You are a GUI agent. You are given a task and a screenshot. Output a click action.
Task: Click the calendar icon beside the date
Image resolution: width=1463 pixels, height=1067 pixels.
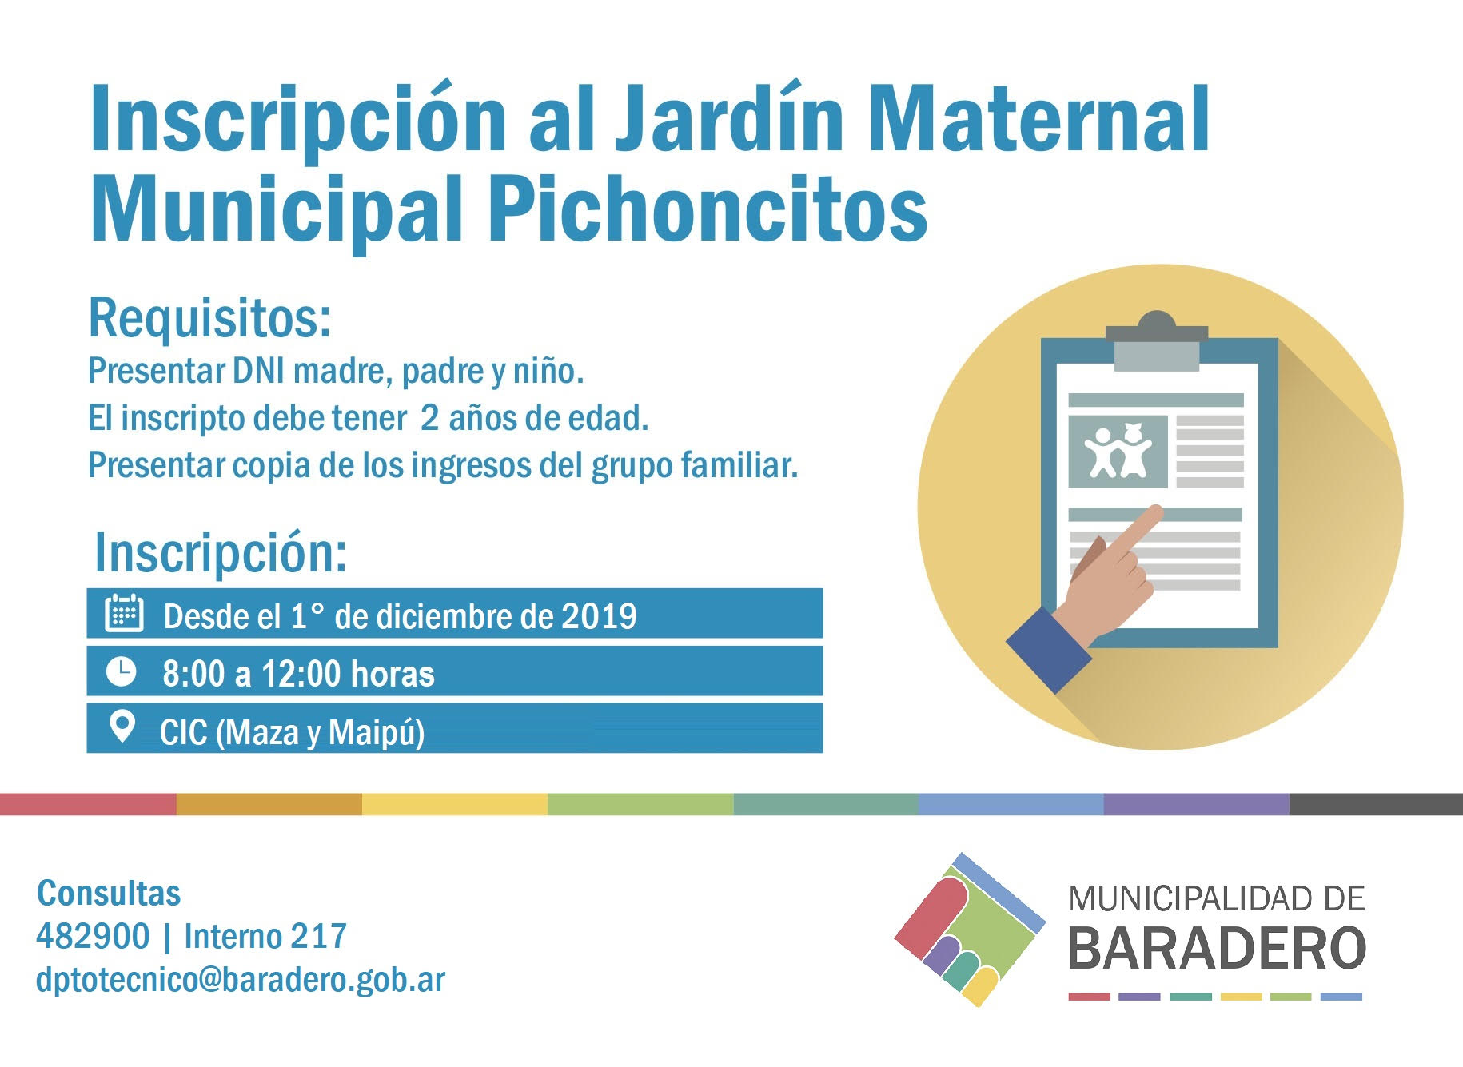[124, 613]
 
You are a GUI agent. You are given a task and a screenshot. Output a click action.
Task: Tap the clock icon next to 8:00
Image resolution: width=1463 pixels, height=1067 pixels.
[122, 671]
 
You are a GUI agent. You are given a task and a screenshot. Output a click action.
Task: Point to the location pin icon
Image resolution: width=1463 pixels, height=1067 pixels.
[122, 727]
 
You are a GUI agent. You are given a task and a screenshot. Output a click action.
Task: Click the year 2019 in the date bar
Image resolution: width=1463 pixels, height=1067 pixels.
[599, 616]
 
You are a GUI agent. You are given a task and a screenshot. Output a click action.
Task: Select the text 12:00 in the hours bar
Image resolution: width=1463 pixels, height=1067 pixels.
[301, 674]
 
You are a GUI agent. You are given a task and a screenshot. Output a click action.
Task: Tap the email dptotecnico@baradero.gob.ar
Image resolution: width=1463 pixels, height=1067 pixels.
[241, 979]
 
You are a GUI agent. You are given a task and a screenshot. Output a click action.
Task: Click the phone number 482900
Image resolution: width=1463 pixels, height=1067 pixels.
[93, 936]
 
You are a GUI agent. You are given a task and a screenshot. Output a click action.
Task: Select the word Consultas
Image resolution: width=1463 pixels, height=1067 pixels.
[109, 894]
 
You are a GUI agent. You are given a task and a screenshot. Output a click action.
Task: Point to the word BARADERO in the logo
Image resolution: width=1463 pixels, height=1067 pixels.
[1217, 948]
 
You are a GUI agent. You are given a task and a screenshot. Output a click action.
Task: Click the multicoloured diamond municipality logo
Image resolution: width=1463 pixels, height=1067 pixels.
[970, 929]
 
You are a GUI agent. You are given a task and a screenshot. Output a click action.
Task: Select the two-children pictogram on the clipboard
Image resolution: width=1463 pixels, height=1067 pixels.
[1118, 452]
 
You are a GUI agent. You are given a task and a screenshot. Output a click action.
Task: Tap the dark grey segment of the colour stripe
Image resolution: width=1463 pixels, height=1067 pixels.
[1376, 804]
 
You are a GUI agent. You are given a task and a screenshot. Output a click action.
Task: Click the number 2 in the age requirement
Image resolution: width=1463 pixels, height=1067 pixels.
[429, 418]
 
